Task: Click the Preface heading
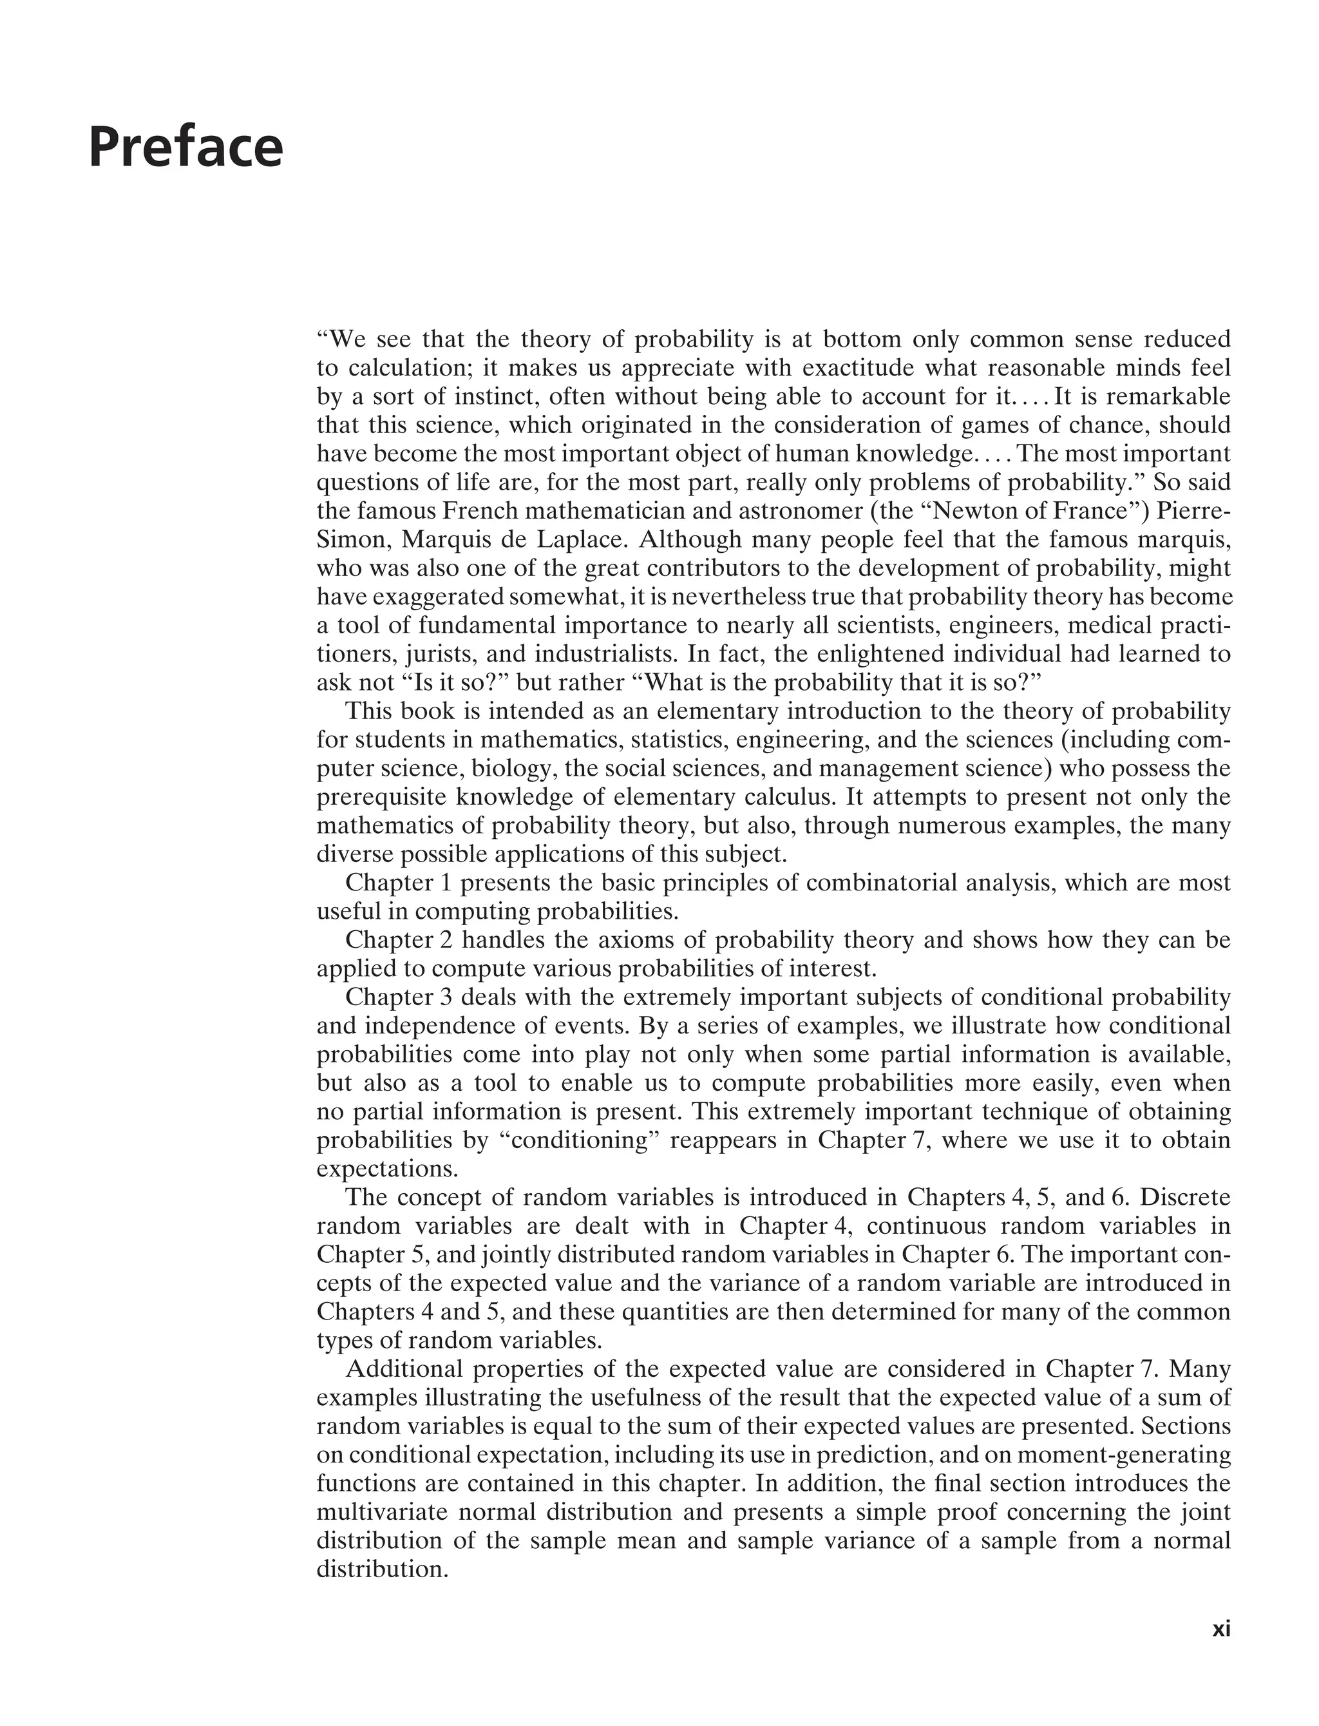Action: tap(185, 148)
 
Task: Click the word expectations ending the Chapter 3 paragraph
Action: tap(386, 1169)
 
